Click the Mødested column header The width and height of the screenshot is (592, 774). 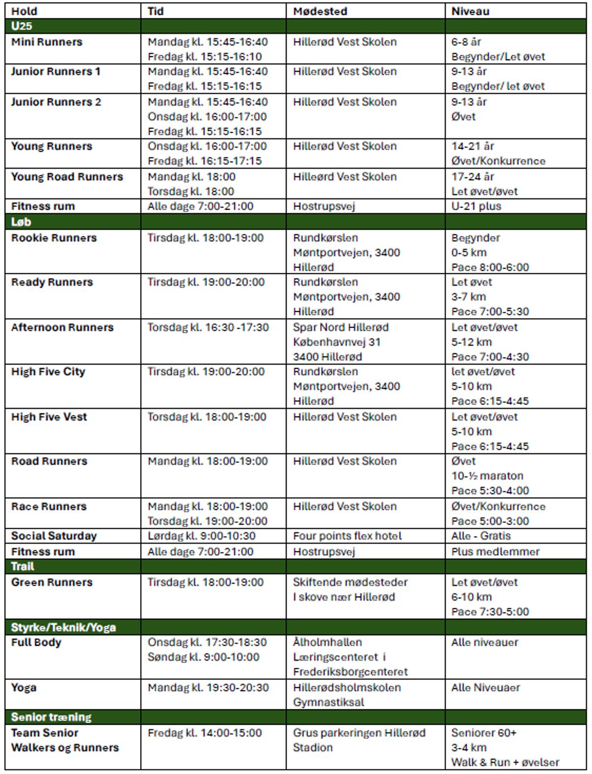[x=320, y=11]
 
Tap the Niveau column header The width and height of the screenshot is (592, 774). [x=470, y=11]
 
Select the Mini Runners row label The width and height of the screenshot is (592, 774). [x=47, y=42]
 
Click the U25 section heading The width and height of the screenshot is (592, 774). [x=22, y=26]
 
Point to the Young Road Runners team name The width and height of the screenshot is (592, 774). [x=67, y=177]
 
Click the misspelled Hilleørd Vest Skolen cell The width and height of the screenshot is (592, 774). [x=345, y=177]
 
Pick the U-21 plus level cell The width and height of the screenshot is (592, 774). [x=476, y=206]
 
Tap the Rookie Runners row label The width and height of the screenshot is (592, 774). [x=54, y=238]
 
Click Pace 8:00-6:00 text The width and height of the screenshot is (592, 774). [x=490, y=267]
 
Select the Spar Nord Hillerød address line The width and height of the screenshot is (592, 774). [x=341, y=327]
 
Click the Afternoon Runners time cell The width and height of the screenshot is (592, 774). [x=208, y=327]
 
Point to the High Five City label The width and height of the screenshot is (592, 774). [x=48, y=371]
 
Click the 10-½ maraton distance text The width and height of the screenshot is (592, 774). [x=487, y=476]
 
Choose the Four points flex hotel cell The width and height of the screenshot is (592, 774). [x=347, y=536]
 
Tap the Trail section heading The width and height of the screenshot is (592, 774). [x=23, y=566]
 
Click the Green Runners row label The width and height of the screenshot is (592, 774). [x=52, y=582]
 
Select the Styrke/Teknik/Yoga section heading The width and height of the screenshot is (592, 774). [x=64, y=627]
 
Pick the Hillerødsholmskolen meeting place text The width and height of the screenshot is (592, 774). [x=347, y=687]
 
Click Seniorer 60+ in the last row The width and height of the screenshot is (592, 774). [x=484, y=733]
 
